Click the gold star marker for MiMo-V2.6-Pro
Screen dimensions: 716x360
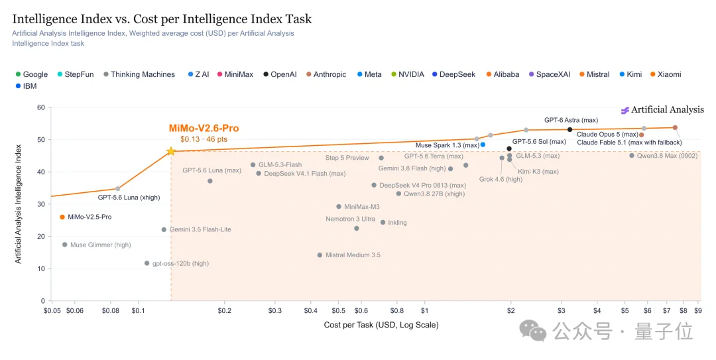click(171, 151)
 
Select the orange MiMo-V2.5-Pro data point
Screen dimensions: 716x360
click(62, 217)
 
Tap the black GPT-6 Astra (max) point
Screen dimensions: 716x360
click(570, 130)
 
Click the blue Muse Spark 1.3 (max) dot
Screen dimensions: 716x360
click(483, 145)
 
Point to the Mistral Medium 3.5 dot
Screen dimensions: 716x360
click(320, 255)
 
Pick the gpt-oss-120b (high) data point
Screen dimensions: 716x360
click(147, 264)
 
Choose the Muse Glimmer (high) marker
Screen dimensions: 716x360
click(65, 245)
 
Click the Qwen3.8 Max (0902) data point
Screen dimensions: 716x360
click(632, 156)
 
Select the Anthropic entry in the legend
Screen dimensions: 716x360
click(326, 74)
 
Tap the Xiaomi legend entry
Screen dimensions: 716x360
click(666, 74)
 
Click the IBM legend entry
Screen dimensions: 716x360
click(26, 86)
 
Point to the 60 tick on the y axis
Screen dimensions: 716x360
click(41, 108)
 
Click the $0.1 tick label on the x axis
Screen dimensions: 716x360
click(138, 311)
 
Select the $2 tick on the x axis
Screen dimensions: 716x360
click(511, 311)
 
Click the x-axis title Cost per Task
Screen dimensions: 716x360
click(381, 325)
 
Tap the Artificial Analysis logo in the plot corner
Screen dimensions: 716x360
click(662, 109)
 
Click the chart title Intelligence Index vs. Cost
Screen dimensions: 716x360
click(162, 19)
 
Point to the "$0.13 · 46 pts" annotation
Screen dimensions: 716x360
click(204, 139)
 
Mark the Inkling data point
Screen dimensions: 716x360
click(383, 223)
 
